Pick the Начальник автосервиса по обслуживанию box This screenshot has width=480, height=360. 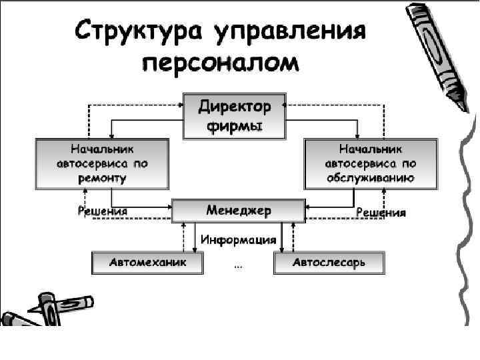(x=371, y=163)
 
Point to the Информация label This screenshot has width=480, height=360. (x=239, y=239)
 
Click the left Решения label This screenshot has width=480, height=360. (x=103, y=211)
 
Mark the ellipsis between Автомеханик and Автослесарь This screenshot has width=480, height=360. (x=239, y=267)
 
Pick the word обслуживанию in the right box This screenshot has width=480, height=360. (x=371, y=178)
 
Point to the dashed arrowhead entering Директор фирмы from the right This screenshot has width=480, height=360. (x=286, y=105)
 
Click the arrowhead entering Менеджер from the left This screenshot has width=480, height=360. (x=169, y=207)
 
